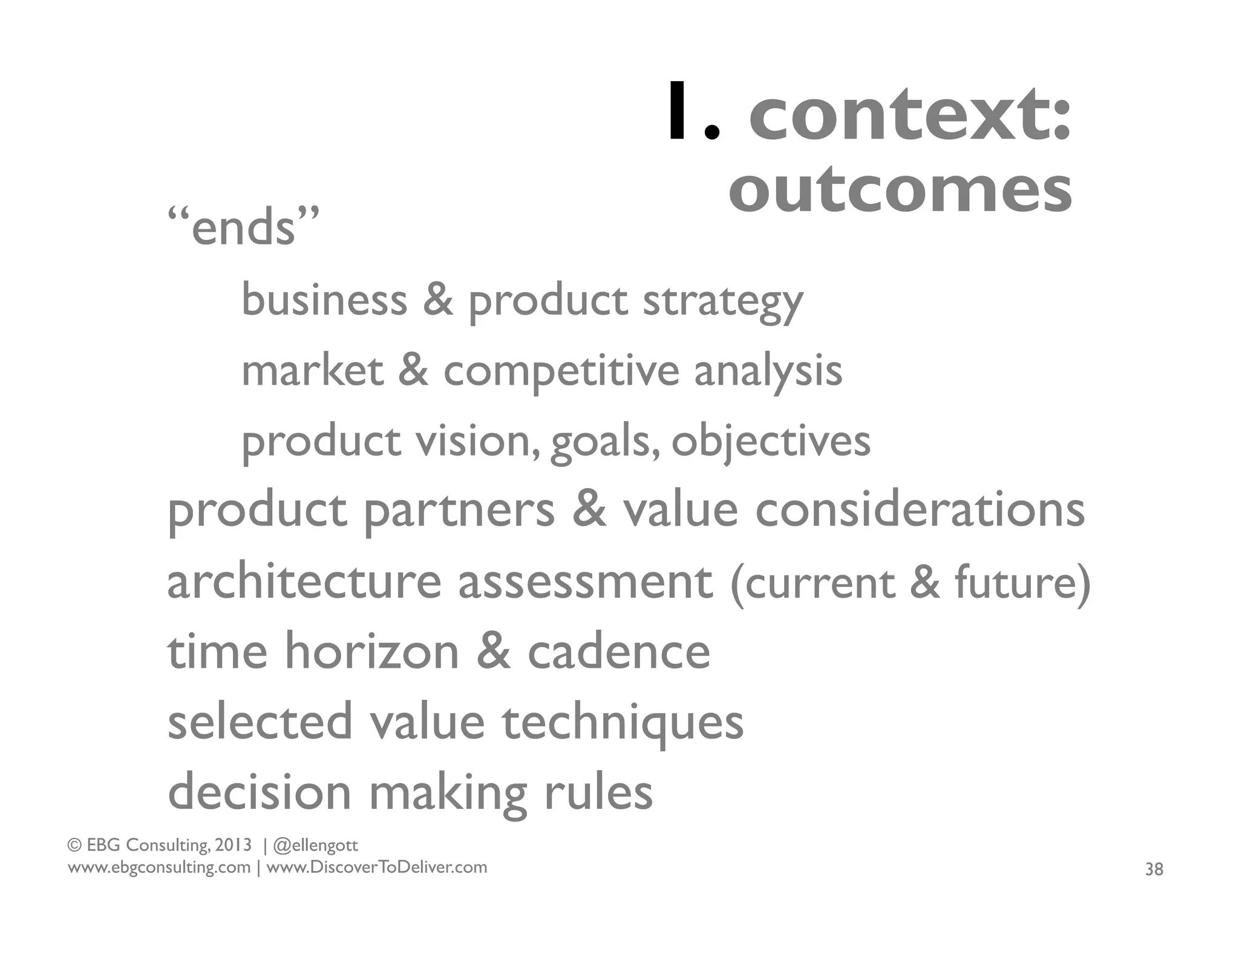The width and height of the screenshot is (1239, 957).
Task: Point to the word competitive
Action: [561, 371]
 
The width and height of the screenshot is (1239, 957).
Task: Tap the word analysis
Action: [768, 371]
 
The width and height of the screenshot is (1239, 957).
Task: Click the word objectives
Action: [771, 442]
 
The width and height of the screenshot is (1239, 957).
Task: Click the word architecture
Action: [304, 581]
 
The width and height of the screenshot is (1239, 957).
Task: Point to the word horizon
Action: [372, 652]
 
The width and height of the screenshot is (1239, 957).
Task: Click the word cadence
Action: [619, 652]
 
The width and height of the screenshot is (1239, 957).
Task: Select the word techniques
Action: [623, 723]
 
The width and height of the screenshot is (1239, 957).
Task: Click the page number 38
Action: [1154, 869]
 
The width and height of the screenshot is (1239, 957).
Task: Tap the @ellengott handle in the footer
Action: [316, 845]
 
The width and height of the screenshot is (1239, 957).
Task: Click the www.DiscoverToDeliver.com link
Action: [376, 867]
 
